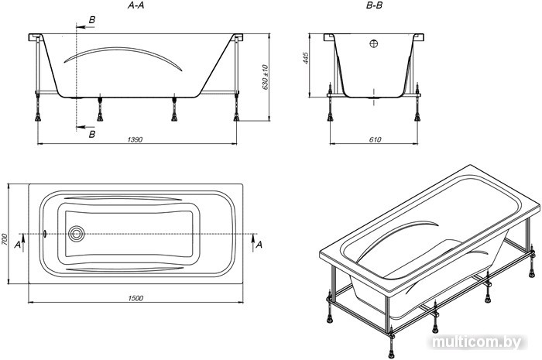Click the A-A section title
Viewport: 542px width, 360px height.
[135, 5]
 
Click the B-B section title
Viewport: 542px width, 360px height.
[374, 5]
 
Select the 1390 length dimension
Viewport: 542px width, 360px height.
[135, 139]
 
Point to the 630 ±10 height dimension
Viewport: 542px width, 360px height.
[266, 77]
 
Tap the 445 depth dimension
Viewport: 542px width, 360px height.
[305, 58]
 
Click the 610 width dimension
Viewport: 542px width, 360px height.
[375, 139]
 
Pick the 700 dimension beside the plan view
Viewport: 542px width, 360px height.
[4, 239]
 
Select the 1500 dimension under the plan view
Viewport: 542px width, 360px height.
[135, 298]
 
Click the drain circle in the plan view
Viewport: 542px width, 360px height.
[76, 234]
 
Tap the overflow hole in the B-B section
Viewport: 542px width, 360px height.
[374, 43]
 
